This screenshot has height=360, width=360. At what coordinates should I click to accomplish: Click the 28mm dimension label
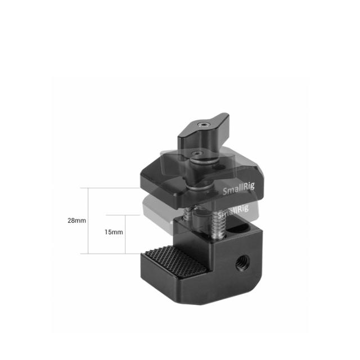[76, 220]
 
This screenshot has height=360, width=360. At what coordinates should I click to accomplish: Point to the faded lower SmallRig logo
[232, 210]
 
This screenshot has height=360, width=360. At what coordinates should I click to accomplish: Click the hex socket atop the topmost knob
[202, 122]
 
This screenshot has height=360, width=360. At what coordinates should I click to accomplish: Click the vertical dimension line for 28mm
[89, 220]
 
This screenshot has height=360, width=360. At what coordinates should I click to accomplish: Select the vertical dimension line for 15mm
[124, 234]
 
